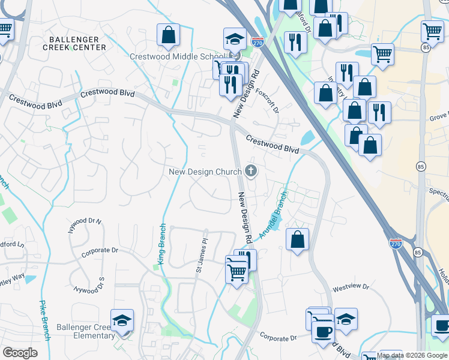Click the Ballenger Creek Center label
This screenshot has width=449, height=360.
(x=75, y=43)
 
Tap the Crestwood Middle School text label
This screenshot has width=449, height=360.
(x=176, y=57)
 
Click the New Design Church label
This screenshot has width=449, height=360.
(x=205, y=172)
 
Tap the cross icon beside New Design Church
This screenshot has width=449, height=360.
(x=251, y=172)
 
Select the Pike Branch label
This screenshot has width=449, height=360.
(x=43, y=320)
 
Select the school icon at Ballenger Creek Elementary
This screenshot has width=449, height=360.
(x=122, y=321)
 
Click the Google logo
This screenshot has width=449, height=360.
(x=20, y=353)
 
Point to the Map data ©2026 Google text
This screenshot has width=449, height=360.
(x=412, y=355)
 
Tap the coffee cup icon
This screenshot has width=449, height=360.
(x=323, y=331)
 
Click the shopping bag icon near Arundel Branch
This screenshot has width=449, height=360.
(x=297, y=239)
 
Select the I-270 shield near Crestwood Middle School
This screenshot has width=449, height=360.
(x=258, y=43)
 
